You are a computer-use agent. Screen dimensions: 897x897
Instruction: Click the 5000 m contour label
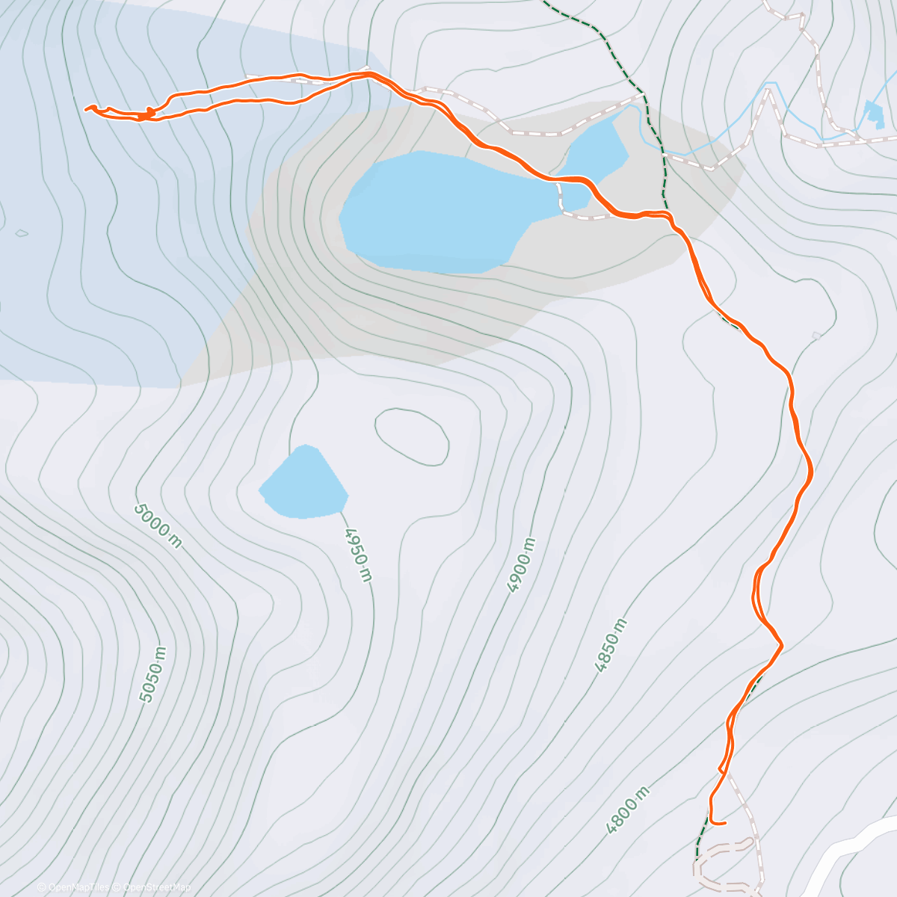[158, 525]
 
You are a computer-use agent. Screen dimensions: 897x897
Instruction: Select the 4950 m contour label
[358, 554]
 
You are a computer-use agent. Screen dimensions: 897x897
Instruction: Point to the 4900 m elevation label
[522, 565]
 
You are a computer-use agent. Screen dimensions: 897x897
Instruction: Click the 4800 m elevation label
[627, 810]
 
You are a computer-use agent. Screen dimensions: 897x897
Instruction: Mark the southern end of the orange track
[725, 824]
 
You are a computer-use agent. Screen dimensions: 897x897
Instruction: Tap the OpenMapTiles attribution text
[78, 887]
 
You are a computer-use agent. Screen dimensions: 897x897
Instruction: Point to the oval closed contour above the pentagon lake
[412, 437]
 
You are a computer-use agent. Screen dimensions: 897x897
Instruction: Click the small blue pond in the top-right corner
[872, 114]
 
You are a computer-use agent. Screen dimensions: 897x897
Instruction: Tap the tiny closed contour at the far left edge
[22, 232]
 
